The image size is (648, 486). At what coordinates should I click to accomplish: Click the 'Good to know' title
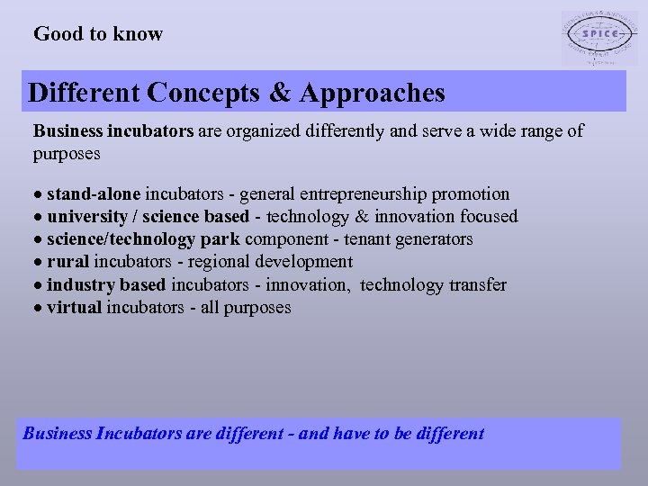click(x=98, y=34)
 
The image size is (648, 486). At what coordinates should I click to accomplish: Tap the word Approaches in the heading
click(x=373, y=93)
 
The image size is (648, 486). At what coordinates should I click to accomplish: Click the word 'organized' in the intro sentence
click(x=271, y=131)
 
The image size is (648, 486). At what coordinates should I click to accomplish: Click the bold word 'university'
click(x=86, y=217)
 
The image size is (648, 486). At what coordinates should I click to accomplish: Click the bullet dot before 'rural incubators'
click(x=39, y=263)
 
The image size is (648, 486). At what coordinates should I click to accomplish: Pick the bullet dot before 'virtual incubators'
click(x=39, y=309)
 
